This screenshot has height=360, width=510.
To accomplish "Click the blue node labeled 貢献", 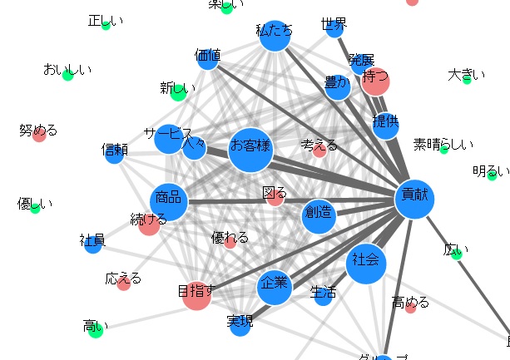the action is (x=414, y=198).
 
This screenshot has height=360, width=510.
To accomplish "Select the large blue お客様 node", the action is (x=250, y=150).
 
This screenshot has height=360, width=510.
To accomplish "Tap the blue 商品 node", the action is (x=169, y=201).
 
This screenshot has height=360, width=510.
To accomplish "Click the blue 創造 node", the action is (x=319, y=216).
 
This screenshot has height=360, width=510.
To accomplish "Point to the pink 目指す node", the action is (x=197, y=294).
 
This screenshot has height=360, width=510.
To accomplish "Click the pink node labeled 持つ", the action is (x=375, y=81).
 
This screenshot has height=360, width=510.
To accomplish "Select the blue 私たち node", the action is (x=275, y=36).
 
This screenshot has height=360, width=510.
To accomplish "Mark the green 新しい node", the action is (x=178, y=91).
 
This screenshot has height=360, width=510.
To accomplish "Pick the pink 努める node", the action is (x=38, y=135).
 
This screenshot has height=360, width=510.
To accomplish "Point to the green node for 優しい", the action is (x=35, y=208).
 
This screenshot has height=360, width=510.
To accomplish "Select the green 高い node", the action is (x=96, y=331).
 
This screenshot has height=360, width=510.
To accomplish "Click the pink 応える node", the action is (x=123, y=284).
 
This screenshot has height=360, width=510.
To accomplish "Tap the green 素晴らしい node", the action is (x=443, y=149).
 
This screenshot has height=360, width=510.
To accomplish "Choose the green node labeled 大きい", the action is (x=467, y=80).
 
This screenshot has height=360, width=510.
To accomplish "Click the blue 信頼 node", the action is (x=114, y=155).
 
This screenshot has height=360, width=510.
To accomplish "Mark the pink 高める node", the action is (x=410, y=308).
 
